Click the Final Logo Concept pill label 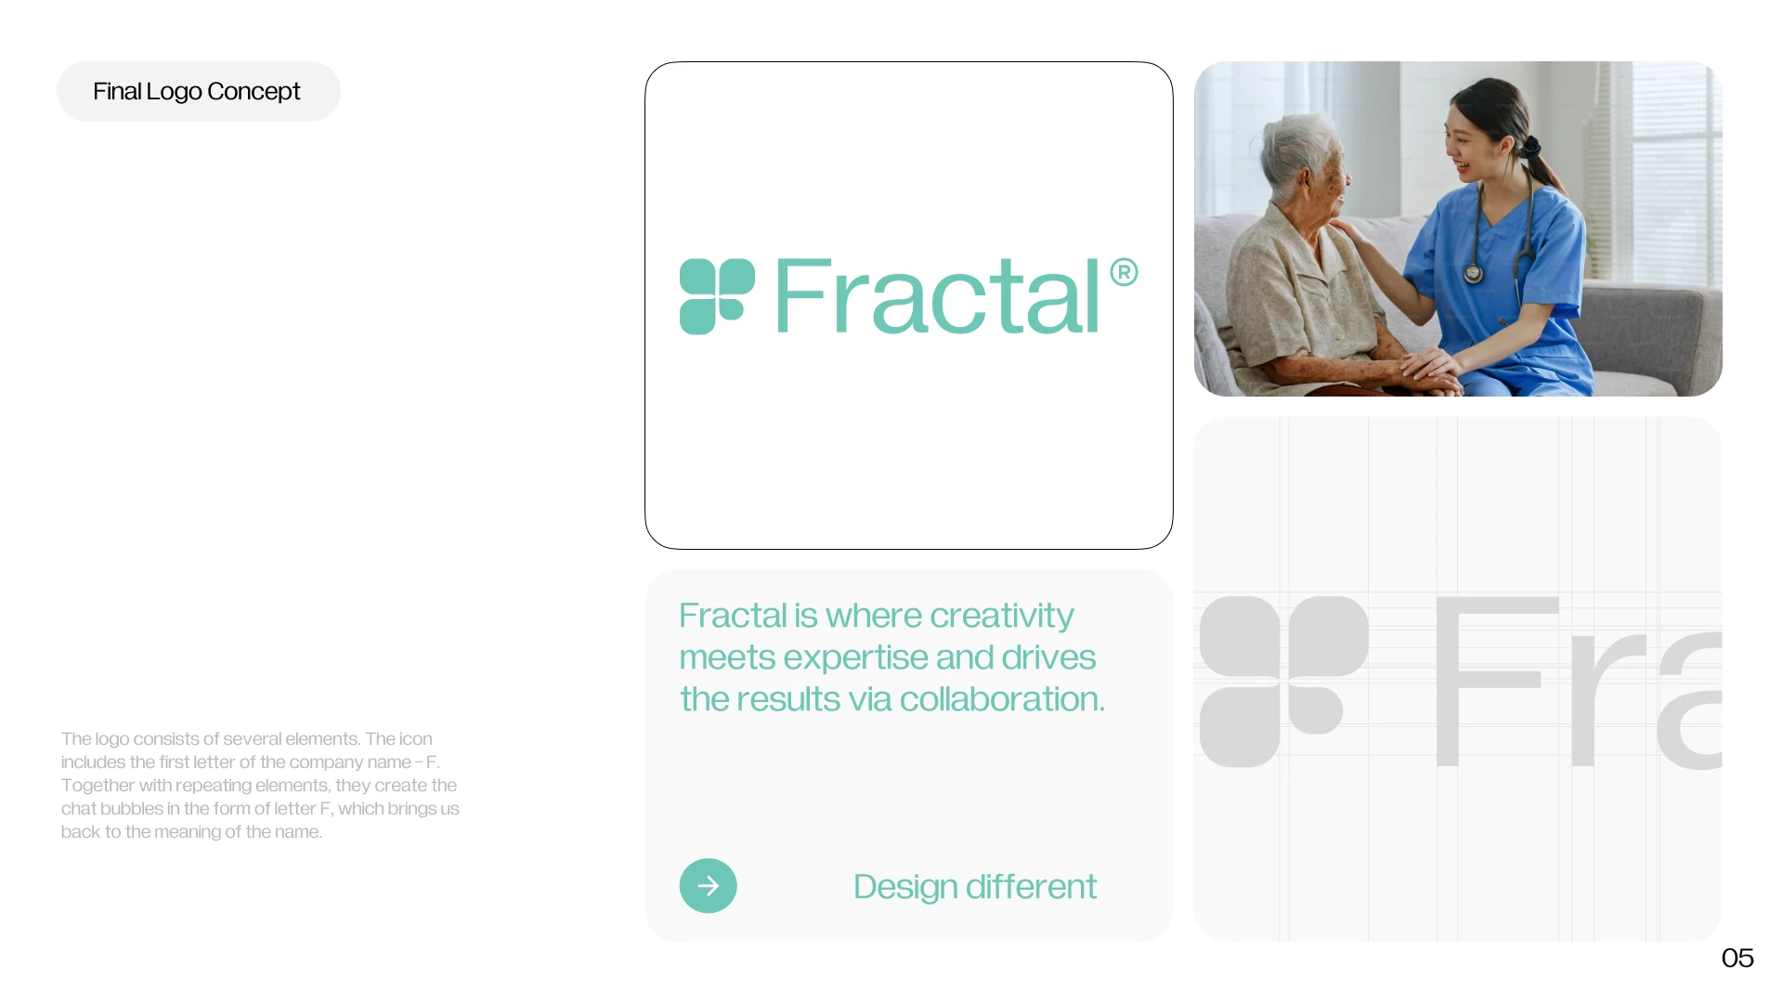tap(198, 91)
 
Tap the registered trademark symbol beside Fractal tap(1124, 272)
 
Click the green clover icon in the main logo tap(717, 296)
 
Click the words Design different tap(975, 887)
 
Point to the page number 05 tap(1737, 957)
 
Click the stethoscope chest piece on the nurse tap(1473, 274)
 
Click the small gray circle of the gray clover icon tap(1316, 710)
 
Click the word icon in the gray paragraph tap(415, 739)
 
